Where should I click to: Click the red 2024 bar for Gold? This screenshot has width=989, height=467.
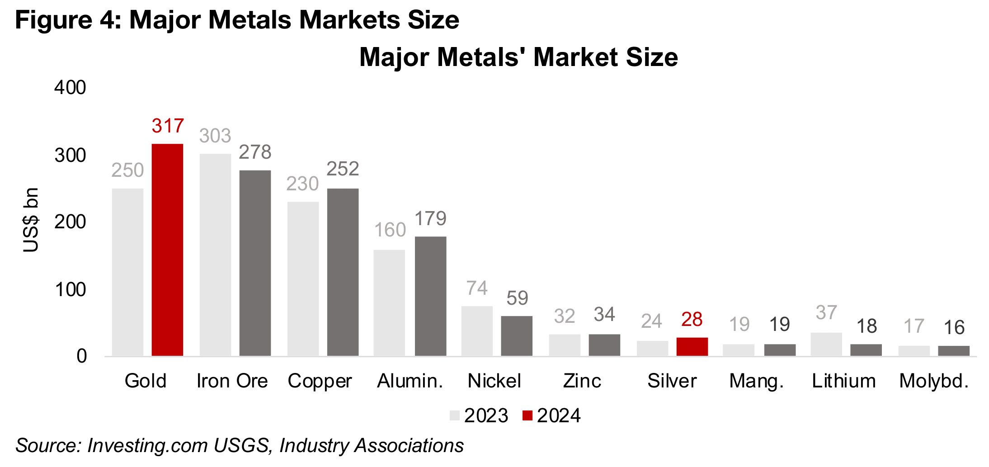[x=167, y=250]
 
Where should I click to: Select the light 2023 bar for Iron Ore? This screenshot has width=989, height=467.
[x=215, y=255]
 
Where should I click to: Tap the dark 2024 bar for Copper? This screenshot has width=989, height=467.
[x=343, y=272]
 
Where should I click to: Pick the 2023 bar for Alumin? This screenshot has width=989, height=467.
[x=389, y=303]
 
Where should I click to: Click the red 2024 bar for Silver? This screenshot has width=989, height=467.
[x=692, y=347]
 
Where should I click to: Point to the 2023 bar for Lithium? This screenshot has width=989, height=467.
[x=826, y=344]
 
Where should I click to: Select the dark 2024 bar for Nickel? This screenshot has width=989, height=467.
[x=517, y=336]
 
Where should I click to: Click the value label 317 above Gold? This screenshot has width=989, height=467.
[x=168, y=126]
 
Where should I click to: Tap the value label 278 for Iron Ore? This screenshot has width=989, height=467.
[x=255, y=152]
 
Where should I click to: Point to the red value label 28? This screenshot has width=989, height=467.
[x=692, y=320]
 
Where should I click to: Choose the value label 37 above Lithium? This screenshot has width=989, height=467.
[x=826, y=313]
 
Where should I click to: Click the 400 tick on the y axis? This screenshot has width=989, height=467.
[x=70, y=88]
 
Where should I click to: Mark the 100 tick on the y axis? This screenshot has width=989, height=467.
[x=70, y=290]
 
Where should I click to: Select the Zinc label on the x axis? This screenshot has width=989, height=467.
[x=582, y=381]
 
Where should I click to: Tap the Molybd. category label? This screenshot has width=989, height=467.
[x=934, y=381]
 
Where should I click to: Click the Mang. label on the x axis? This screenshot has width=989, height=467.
[x=756, y=381]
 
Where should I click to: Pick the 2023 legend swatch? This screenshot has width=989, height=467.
[x=454, y=415]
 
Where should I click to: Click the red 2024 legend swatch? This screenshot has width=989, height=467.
[x=527, y=415]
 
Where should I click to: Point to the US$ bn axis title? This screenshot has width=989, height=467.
[x=31, y=220]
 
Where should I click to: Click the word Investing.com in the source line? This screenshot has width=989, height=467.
[x=147, y=446]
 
